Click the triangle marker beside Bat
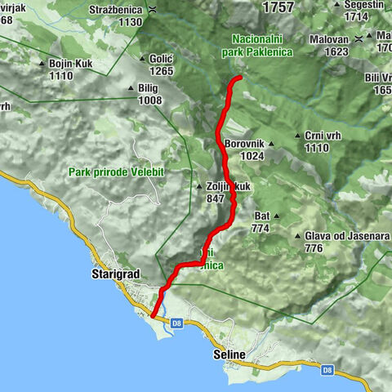point(277,216)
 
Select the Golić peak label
point(162,58)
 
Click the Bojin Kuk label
point(73,63)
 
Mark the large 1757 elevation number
point(277,7)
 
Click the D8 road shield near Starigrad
point(176,323)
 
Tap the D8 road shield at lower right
point(327,370)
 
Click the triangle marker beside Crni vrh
point(296,137)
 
